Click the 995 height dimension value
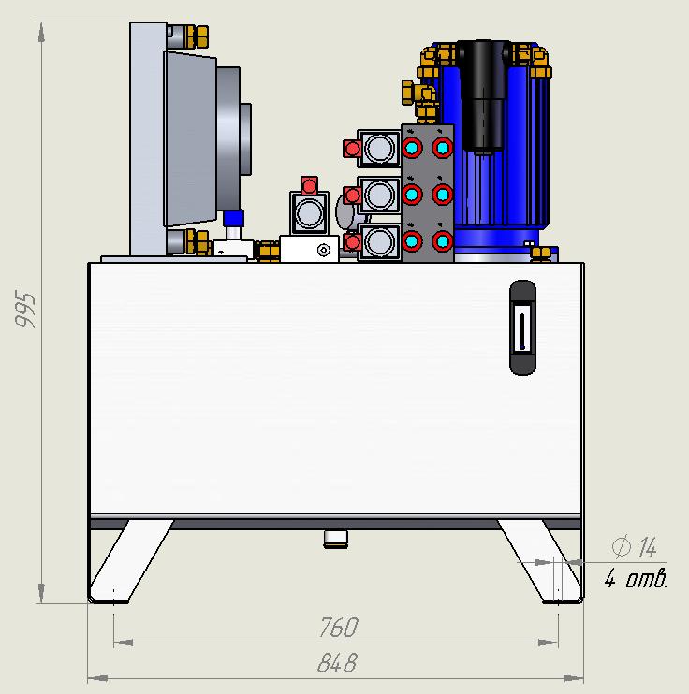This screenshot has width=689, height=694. point(24,309)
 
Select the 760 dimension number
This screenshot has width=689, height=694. point(339,627)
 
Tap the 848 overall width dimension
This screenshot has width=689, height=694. point(338,662)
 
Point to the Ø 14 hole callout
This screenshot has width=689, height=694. point(635,546)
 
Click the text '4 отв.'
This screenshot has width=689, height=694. point(636,578)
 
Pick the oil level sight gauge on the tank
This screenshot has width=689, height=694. point(523,327)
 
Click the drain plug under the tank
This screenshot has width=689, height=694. point(336,538)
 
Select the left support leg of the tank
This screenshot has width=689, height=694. point(131,561)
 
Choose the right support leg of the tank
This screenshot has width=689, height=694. point(539,561)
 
